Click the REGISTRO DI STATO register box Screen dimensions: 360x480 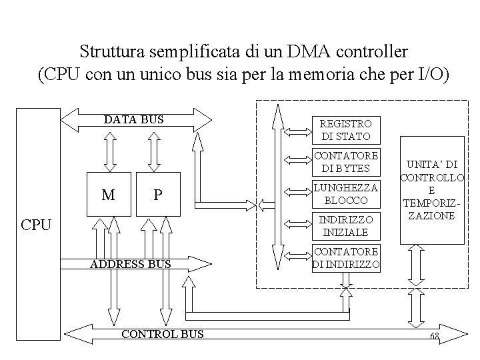pyautogui.click(x=346, y=130)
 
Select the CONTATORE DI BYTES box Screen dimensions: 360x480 pyautogui.click(x=346, y=161)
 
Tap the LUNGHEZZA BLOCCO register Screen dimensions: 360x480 pyautogui.click(x=346, y=193)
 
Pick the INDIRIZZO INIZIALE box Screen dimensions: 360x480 pyautogui.click(x=346, y=226)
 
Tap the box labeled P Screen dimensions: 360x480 pyautogui.click(x=158, y=195)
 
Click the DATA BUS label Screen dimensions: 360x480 pyautogui.click(x=133, y=120)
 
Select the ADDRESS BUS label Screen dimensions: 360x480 pyautogui.click(x=131, y=265)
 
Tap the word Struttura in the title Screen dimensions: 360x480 pyautogui.click(x=109, y=51)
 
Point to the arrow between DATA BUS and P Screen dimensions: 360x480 pyautogui.click(x=154, y=152)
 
